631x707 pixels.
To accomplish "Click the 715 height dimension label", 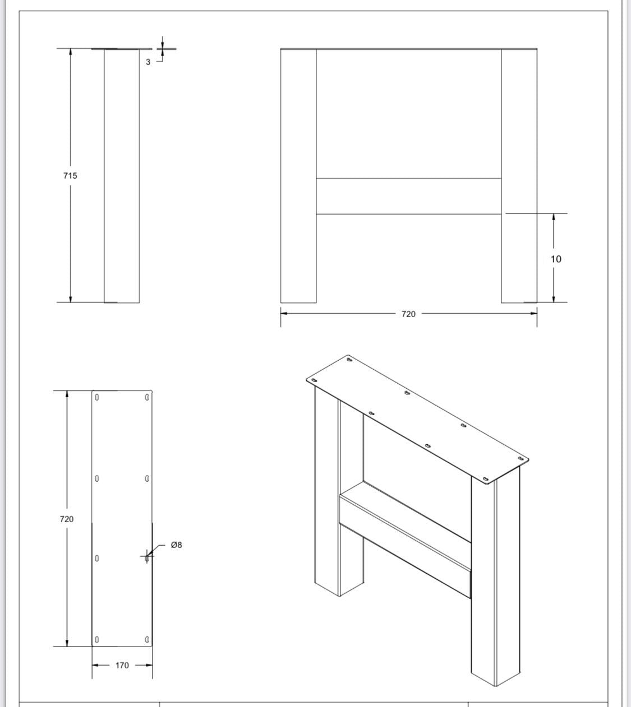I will pos(70,175).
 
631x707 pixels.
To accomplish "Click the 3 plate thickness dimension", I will pos(148,62).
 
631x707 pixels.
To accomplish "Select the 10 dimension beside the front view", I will pos(555,259).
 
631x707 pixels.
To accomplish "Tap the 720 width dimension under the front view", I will pos(408,314).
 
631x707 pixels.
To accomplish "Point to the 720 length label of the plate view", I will pos(66,519).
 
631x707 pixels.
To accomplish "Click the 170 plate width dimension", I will pos(122,666).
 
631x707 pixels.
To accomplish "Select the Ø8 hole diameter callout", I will pos(176,545).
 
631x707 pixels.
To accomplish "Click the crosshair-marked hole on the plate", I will pos(147,557).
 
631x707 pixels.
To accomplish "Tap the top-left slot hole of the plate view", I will pos(97,398).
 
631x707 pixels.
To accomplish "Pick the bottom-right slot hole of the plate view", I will pos(147,639).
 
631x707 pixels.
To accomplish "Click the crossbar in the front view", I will pos(408,196).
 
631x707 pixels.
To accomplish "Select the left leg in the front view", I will pos(298,176).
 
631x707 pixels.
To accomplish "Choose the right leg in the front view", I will pos(519,176).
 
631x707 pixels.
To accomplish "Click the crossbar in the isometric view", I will pos(404,546).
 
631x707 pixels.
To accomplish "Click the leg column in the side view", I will pos(122,176).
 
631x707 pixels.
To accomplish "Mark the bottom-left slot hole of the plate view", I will pos(97,639).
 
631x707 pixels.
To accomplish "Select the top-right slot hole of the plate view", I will pos(147,398).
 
